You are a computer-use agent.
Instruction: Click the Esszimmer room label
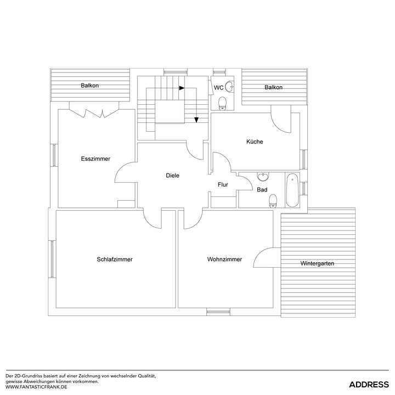tap(95, 159)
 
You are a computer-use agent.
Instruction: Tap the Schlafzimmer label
tap(115, 259)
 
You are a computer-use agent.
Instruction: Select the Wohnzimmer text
tap(224, 259)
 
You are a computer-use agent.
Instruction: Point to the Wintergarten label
tap(317, 264)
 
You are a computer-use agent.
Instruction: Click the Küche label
tap(255, 142)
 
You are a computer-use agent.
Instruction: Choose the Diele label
tap(173, 176)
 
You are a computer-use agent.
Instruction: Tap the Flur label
tap(223, 185)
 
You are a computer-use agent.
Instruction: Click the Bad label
tap(262, 190)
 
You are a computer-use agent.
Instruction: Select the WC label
tap(218, 88)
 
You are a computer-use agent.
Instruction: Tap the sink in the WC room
tap(231, 86)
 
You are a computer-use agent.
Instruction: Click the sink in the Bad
tap(264, 177)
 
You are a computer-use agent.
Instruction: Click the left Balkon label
tap(89, 86)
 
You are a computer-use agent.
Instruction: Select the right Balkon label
tap(273, 87)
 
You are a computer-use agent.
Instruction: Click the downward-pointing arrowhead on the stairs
tap(196, 120)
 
